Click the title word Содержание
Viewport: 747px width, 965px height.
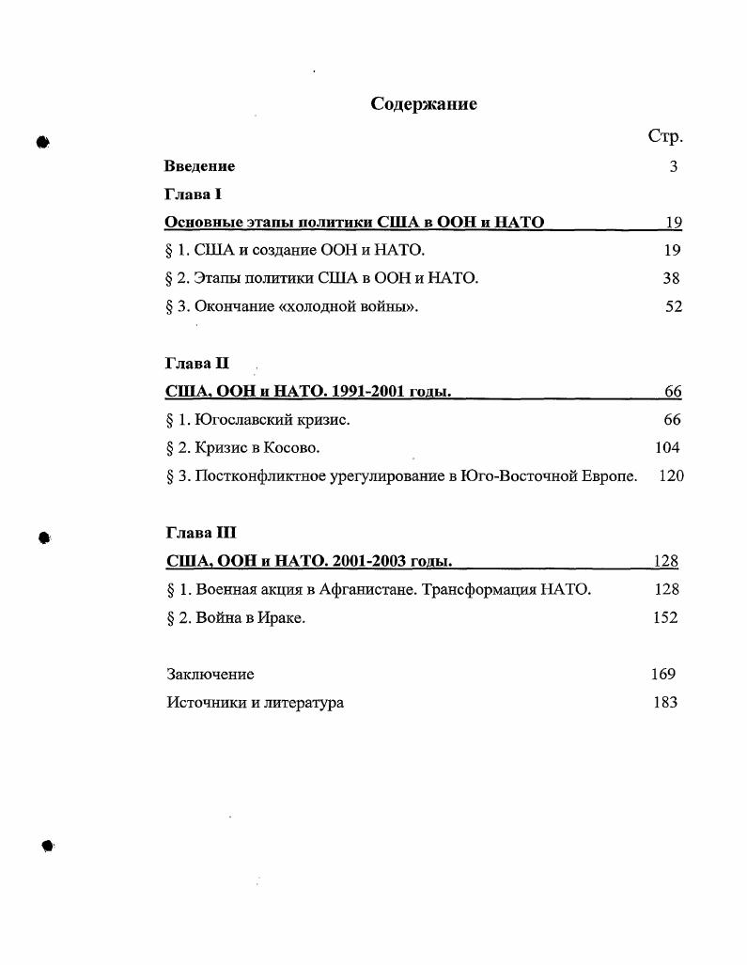424,104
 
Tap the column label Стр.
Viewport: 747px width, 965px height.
665,137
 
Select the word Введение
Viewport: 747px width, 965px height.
199,166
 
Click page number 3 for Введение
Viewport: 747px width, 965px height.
674,166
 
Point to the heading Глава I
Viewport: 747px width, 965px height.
193,195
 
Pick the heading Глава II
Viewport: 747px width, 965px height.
196,363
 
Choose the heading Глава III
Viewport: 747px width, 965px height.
200,533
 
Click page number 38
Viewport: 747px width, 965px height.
671,278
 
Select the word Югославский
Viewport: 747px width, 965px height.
245,420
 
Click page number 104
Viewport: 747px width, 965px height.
667,447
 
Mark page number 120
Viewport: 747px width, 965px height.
671,476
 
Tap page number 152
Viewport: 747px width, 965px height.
665,618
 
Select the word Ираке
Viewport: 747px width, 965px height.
284,618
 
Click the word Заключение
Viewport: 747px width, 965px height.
210,675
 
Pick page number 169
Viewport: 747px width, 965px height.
662,674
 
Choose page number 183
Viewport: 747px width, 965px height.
665,702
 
